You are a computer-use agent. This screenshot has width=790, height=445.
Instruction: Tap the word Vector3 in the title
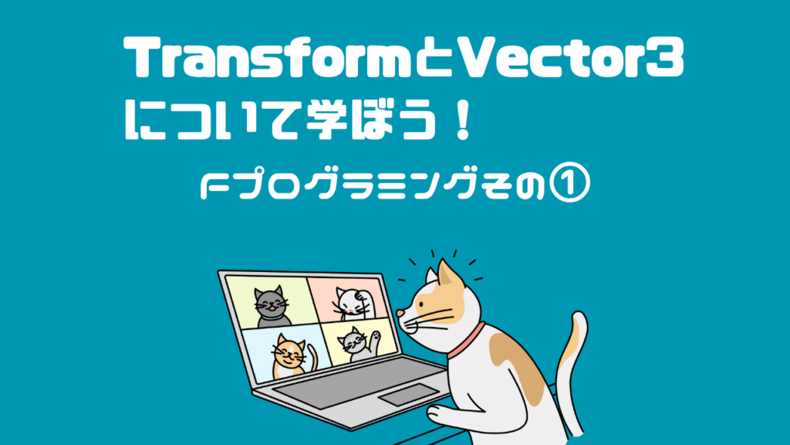coord(570,58)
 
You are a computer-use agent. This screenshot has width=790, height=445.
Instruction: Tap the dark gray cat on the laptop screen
coord(272,307)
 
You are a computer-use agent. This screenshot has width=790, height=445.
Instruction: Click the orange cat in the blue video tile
coord(291,357)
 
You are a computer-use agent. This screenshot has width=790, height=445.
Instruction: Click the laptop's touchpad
coord(409,395)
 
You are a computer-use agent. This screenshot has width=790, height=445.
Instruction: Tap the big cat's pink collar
coord(467,341)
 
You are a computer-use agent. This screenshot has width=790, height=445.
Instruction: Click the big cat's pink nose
coord(400,314)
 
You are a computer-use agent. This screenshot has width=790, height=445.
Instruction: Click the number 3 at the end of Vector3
coord(668,59)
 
